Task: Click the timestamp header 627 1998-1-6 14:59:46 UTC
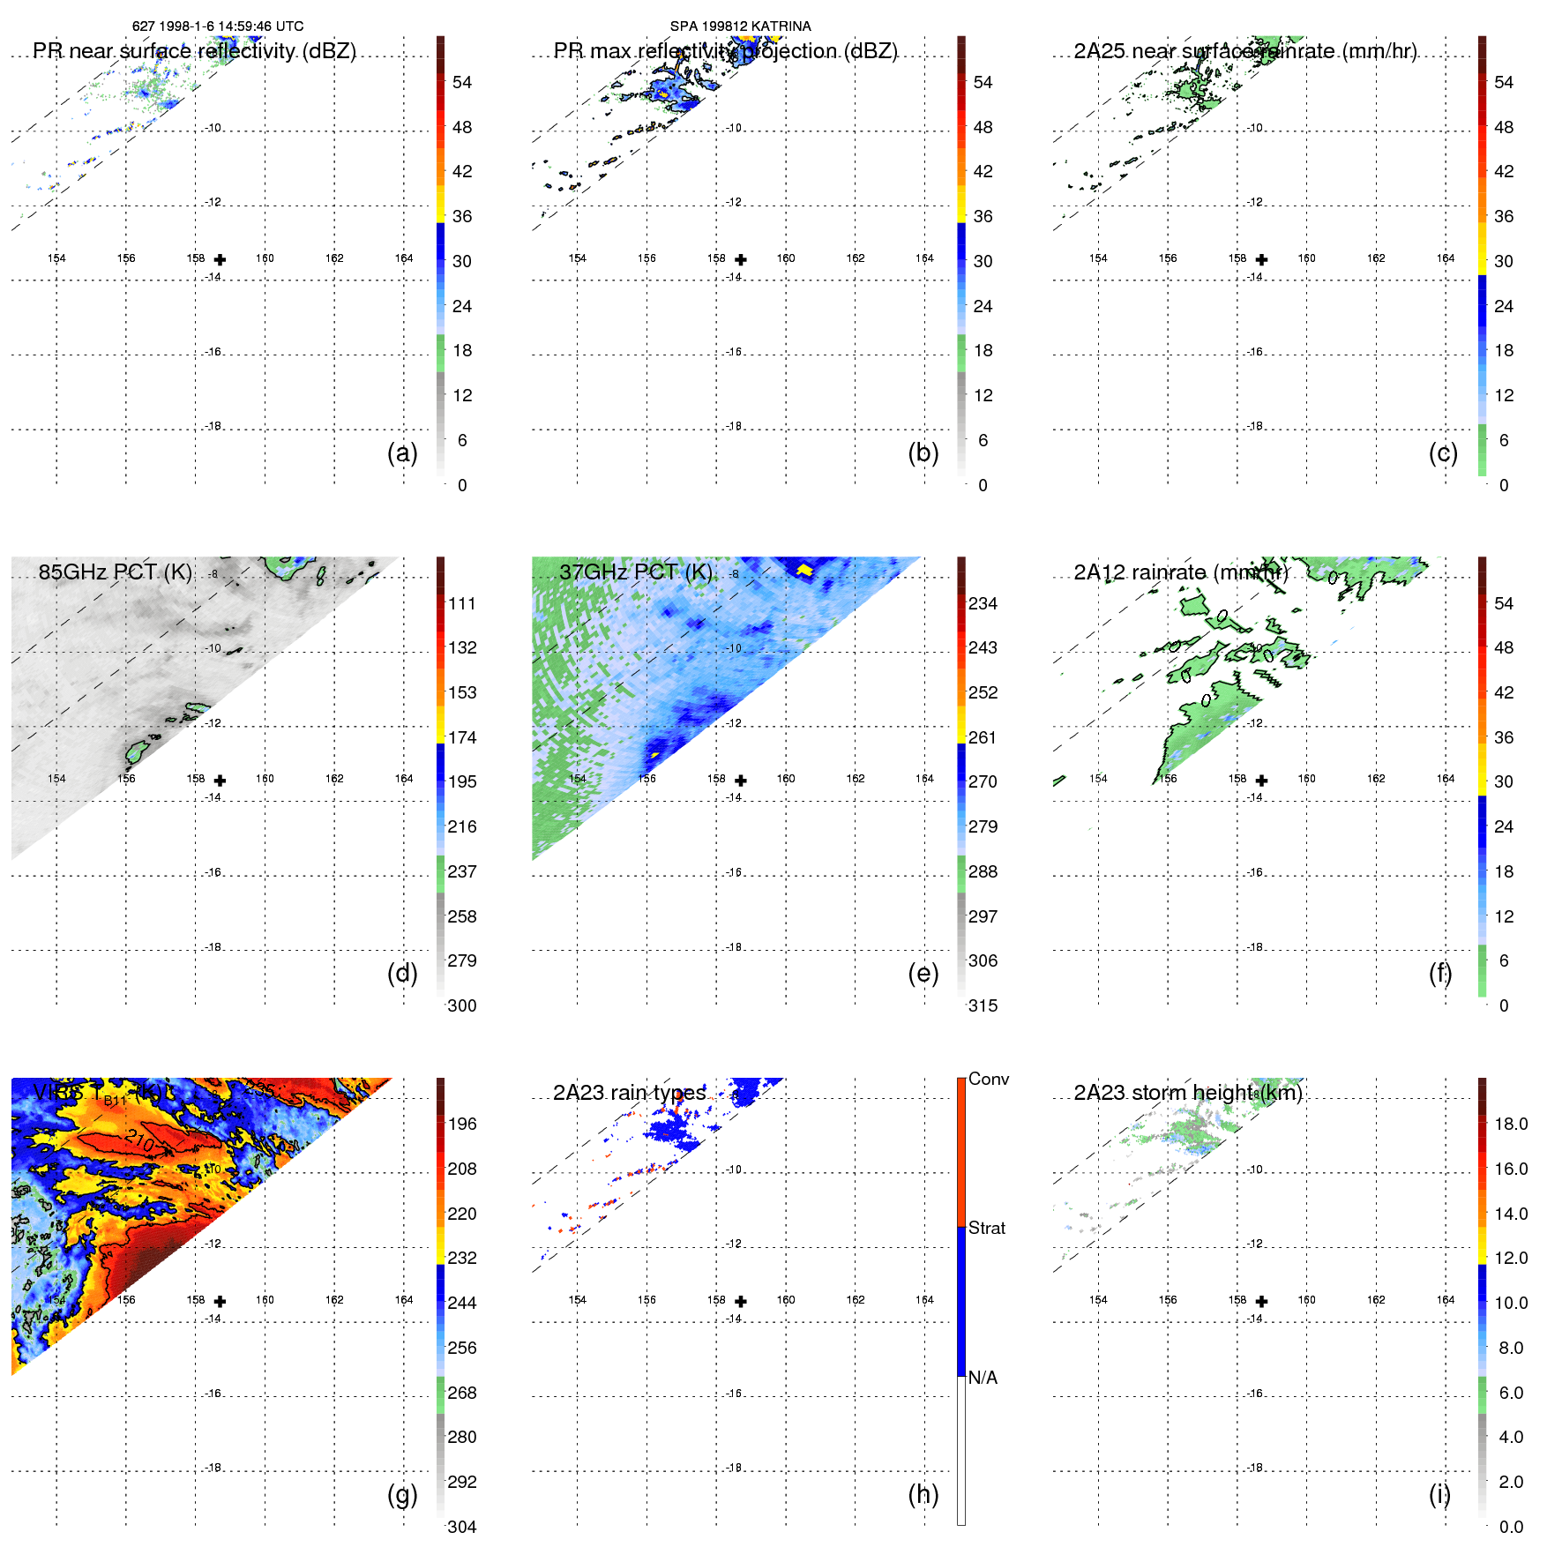218,26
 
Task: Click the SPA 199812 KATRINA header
740,26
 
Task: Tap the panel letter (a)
402,452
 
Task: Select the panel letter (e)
923,973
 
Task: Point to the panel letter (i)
1439,1494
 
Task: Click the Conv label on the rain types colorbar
988,1079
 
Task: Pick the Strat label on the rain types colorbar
986,1228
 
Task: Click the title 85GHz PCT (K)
115,572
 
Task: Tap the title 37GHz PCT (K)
635,572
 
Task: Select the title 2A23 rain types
629,1093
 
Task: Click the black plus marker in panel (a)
220,259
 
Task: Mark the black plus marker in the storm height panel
1261,1301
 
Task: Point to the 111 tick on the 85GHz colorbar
461,603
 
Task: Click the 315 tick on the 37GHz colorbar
983,1005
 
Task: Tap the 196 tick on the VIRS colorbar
461,1124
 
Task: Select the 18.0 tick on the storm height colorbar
1510,1124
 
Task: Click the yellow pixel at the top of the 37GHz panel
803,571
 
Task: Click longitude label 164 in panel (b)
924,258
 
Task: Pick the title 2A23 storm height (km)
1187,1093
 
